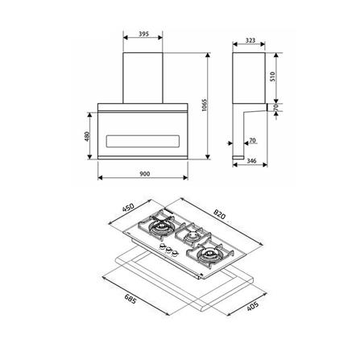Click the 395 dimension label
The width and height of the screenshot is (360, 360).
coord(143,34)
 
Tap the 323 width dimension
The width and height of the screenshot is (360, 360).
coord(250,40)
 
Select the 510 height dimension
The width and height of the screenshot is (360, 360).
coord(272,77)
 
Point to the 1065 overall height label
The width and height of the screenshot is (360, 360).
coord(205,106)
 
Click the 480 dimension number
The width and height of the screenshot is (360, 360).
coord(87,136)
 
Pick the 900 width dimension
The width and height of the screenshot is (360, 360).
coord(145,174)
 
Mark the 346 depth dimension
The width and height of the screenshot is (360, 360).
coord(251,161)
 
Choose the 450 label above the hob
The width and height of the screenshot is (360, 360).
coord(128,209)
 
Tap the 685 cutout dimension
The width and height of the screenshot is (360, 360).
coord(130,299)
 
